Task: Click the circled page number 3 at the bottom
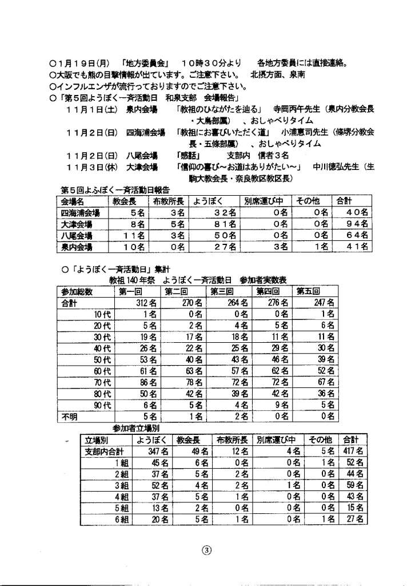[x=207, y=551]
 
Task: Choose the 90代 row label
[x=103, y=405]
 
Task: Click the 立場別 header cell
[x=97, y=440]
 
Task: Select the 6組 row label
[x=120, y=519]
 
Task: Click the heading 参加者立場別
[x=136, y=429]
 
